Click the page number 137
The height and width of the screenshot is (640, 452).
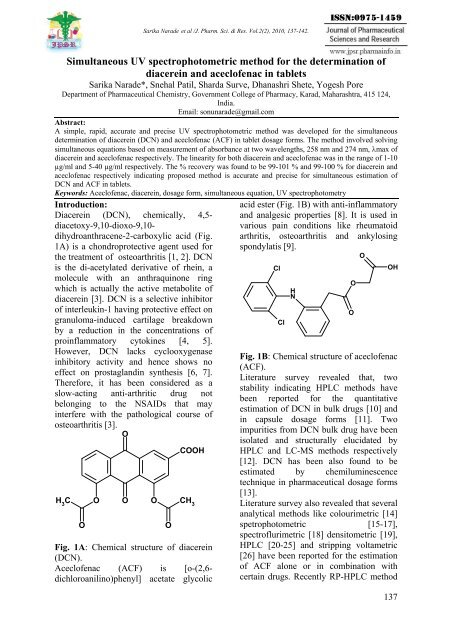pyautogui.click(x=419, y=626)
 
